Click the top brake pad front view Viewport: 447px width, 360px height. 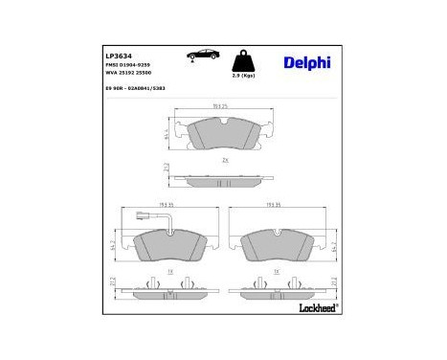click(225, 135)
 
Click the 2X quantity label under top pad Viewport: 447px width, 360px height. click(225, 161)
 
